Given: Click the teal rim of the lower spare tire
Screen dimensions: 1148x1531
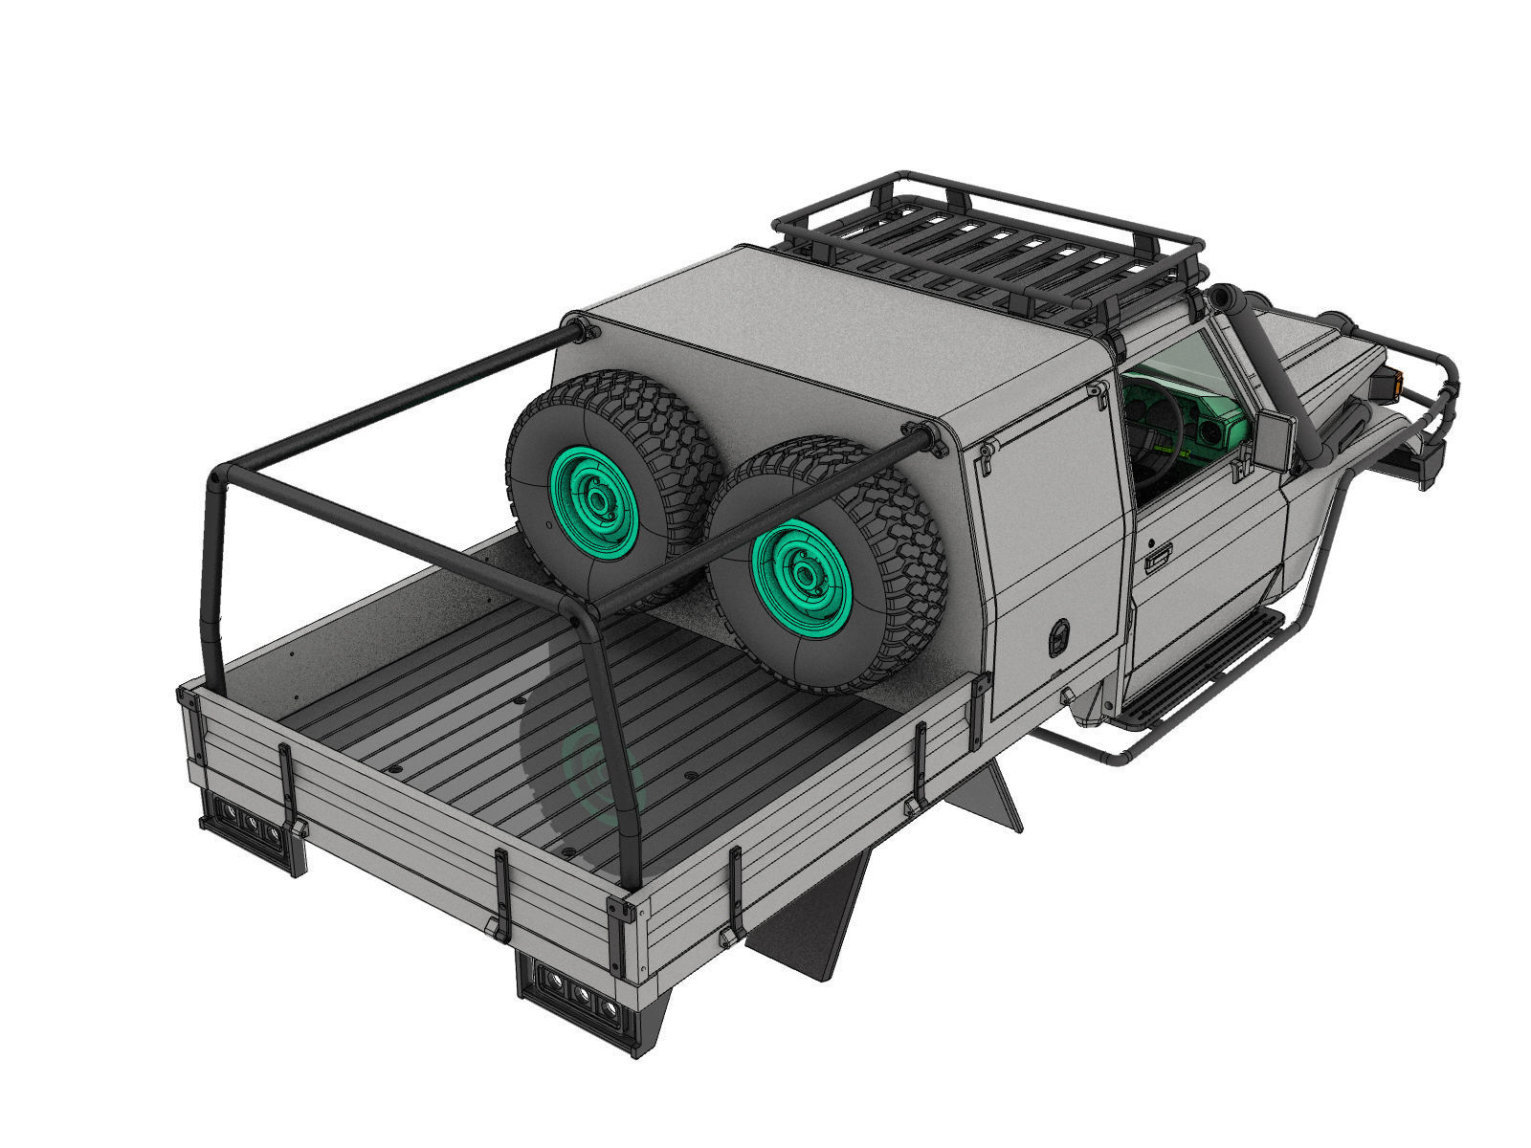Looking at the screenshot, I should coord(800,575).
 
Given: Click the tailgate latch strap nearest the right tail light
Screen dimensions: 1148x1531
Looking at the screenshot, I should coord(501,890).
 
